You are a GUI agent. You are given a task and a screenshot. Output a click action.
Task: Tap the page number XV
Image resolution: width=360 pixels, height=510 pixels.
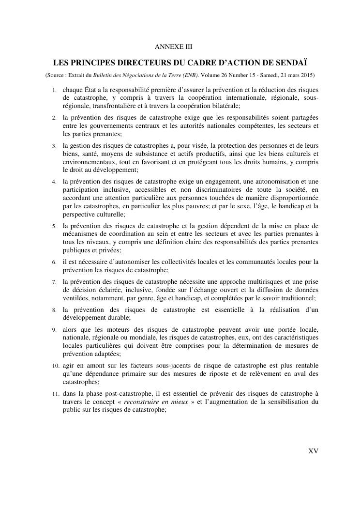(313, 451)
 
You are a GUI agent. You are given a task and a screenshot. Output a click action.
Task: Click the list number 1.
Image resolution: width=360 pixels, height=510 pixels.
(55, 91)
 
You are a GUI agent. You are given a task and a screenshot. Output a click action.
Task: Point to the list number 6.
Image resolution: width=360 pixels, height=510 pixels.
(55, 263)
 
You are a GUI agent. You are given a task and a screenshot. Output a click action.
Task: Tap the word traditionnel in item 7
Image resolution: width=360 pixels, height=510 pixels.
(295, 297)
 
